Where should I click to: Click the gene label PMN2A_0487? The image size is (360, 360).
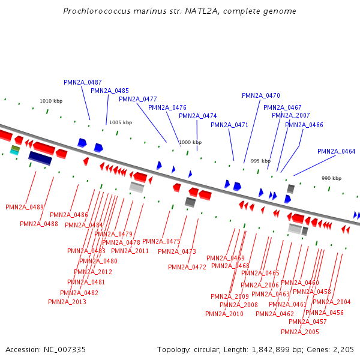[x=83, y=82]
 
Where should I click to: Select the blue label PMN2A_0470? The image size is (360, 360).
[x=261, y=95]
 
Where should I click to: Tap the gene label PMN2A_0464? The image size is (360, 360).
[x=337, y=151]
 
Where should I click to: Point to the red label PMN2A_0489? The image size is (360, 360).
[x=25, y=207]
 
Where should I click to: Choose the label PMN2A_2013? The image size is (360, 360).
[x=67, y=302]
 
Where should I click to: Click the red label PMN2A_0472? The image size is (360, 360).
[x=187, y=267]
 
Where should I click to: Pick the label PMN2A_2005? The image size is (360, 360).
[x=300, y=332]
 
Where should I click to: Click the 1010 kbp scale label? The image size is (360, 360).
[x=51, y=101]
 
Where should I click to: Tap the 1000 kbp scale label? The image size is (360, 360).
[x=190, y=142]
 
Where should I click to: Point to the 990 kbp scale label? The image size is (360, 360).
[x=331, y=178]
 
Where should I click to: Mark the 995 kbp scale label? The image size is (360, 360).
[x=260, y=161]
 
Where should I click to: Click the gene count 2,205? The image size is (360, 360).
[x=343, y=349]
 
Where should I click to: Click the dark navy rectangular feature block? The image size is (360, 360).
[x=40, y=158]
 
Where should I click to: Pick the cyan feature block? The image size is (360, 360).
[x=14, y=152]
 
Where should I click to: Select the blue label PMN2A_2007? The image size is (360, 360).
[x=291, y=115]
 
